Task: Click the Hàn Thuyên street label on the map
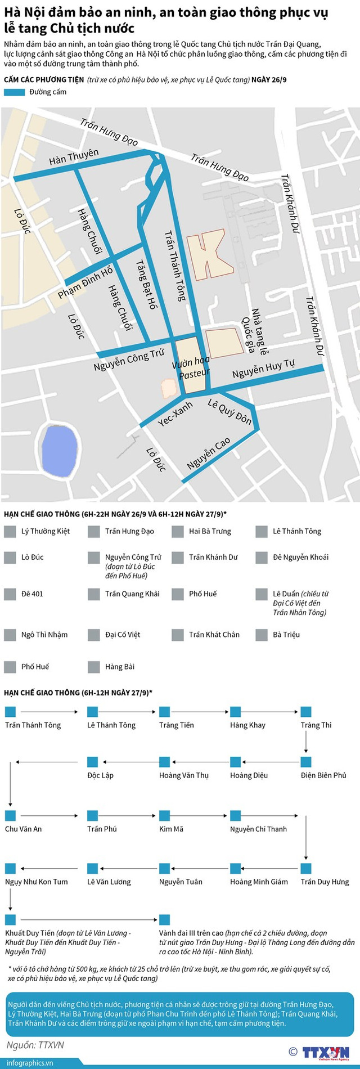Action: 73,156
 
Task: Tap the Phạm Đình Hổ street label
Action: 85,283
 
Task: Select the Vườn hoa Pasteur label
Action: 192,367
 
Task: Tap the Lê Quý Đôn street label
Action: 229,411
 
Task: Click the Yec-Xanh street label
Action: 175,414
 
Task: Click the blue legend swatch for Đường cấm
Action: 14,92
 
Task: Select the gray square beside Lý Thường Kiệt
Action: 10,532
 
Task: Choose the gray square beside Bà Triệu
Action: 262,635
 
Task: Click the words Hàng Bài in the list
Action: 120,667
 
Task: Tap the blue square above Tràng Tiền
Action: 165,712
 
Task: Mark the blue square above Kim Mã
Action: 165,816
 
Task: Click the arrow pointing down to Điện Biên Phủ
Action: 306,743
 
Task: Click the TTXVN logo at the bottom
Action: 325,1052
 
